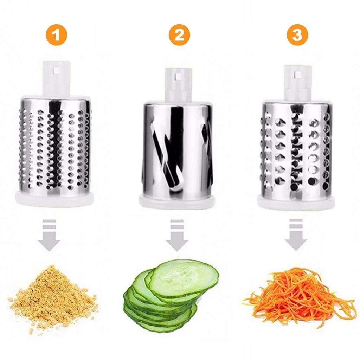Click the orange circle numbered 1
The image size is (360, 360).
[x=56, y=36]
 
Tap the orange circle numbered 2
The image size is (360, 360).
[x=179, y=36]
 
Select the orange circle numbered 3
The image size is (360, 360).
[x=297, y=36]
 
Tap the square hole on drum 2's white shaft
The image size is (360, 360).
[x=177, y=76]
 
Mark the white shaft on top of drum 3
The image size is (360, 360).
[x=298, y=83]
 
